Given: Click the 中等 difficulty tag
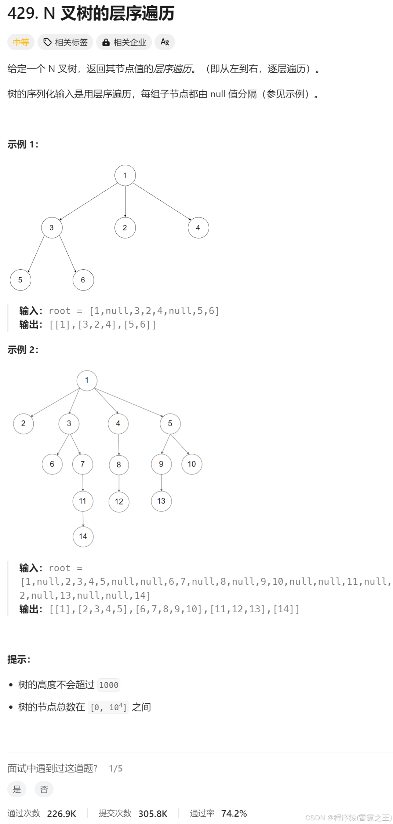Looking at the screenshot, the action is tap(21, 42).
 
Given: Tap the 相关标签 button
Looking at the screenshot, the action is tap(66, 42).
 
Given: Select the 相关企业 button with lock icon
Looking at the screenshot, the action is tap(124, 42).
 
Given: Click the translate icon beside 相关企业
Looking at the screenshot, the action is tap(165, 42).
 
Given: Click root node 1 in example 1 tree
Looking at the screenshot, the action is tap(125, 175).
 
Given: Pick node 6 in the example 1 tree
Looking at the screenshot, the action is tap(83, 280).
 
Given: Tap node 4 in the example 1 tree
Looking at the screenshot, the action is tap(198, 228).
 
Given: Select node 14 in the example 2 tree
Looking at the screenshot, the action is tap(83, 537).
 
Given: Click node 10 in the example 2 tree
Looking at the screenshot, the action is tap(192, 464).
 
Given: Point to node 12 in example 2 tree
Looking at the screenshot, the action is tap(119, 502).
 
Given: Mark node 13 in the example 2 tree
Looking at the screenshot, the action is tap(161, 501).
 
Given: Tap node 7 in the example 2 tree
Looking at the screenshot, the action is tap(83, 464).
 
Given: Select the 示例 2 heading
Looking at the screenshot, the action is tap(23, 350).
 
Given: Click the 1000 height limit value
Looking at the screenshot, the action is tap(109, 685).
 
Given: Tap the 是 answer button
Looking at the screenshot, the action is tap(17, 789).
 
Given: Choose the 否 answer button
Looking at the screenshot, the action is tap(44, 789).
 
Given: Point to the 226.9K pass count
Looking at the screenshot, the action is tap(62, 814).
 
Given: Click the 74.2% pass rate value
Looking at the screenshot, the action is tap(234, 813).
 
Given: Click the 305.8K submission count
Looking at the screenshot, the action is tap(153, 814).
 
